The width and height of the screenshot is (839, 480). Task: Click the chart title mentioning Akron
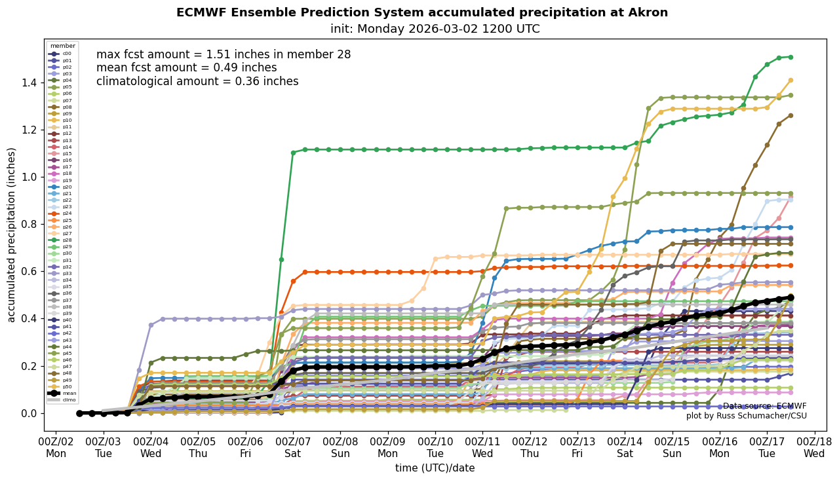[422, 13]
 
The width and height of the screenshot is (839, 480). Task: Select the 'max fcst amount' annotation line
[224, 55]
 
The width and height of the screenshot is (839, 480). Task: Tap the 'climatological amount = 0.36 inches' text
[197, 82]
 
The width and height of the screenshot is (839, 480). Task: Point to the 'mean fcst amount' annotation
[186, 68]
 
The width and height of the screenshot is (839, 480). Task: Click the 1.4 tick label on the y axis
[30, 83]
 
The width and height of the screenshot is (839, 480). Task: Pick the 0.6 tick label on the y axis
[30, 271]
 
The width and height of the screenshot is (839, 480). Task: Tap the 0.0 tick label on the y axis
[30, 413]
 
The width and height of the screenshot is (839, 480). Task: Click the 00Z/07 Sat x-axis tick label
[293, 447]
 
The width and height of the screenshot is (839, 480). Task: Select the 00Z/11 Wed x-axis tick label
[482, 447]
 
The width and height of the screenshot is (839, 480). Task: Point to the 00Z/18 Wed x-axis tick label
[814, 447]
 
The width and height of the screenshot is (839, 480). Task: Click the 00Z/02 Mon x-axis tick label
[56, 447]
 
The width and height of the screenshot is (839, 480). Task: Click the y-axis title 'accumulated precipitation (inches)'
[12, 234]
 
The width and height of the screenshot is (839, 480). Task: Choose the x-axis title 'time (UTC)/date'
[435, 468]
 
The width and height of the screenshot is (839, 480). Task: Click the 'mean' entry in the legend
[68, 393]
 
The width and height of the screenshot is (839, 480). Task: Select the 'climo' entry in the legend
[68, 399]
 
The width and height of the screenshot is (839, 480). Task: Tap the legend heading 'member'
[63, 46]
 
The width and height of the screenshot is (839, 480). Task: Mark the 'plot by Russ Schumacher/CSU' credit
[746, 416]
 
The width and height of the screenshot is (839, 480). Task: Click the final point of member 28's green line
[790, 57]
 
